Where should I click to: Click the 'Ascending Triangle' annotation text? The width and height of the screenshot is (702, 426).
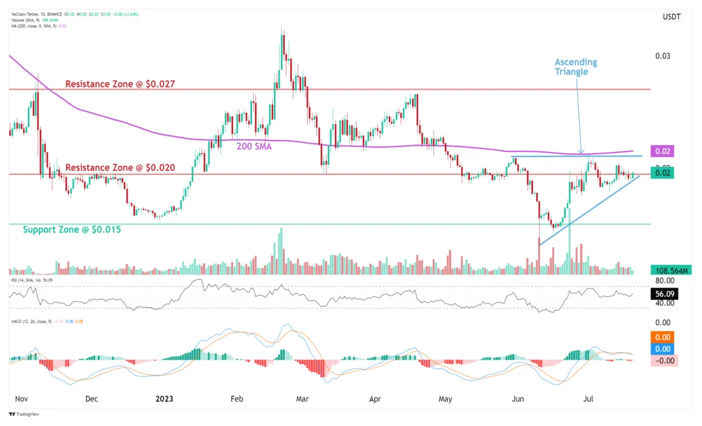(x=575, y=67)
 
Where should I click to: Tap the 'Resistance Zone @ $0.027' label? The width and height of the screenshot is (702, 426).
(x=120, y=84)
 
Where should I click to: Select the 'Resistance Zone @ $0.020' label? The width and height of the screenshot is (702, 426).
(x=120, y=168)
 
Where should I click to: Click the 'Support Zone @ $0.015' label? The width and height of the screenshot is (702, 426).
(x=72, y=229)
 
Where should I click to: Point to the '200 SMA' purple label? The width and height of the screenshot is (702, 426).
(x=254, y=146)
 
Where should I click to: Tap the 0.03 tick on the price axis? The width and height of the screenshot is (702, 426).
(x=663, y=56)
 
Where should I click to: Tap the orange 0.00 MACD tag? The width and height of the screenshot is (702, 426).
(x=663, y=337)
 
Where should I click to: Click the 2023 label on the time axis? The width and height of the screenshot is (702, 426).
(x=164, y=398)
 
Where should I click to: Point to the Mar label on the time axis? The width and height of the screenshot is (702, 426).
(x=303, y=398)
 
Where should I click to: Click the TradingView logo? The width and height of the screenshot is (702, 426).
(x=23, y=414)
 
